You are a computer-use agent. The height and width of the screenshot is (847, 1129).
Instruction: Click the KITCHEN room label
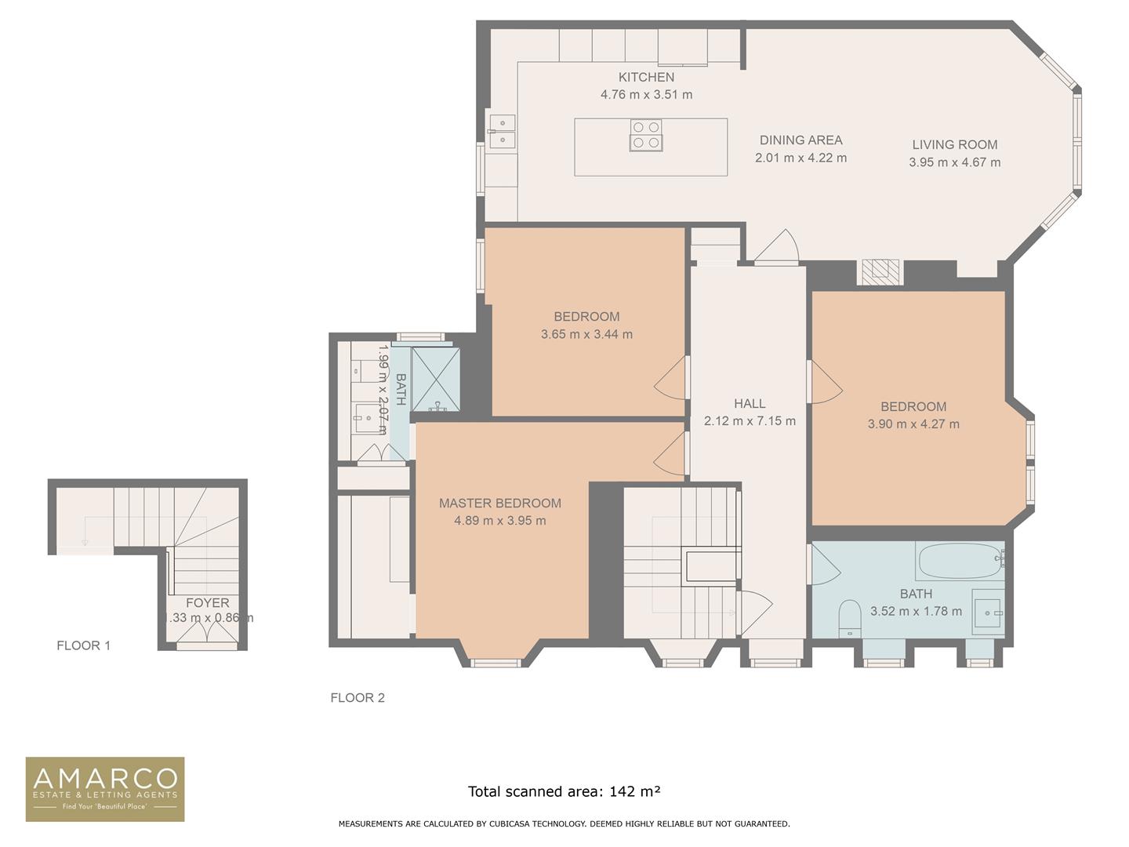pyautogui.click(x=646, y=77)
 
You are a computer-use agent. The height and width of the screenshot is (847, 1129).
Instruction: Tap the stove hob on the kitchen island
pyautogui.click(x=646, y=135)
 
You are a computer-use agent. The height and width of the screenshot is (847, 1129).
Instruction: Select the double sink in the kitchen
pyautogui.click(x=502, y=131)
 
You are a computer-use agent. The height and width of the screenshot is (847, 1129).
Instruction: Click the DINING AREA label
pyautogui.click(x=800, y=140)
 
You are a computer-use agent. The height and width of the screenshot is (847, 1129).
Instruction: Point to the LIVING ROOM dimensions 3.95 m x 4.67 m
pyautogui.click(x=954, y=162)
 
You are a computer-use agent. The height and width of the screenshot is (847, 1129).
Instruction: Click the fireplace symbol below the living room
pyautogui.click(x=880, y=271)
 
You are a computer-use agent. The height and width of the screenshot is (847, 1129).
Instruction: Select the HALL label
pyautogui.click(x=750, y=404)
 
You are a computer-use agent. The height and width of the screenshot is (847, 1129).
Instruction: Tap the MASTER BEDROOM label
pyautogui.click(x=499, y=503)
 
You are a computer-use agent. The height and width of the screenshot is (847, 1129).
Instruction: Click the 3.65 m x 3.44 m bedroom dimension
pyautogui.click(x=586, y=334)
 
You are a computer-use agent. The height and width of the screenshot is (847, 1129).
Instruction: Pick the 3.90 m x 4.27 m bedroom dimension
pyautogui.click(x=913, y=424)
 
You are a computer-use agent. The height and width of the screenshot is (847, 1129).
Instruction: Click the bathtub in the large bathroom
pyautogui.click(x=960, y=561)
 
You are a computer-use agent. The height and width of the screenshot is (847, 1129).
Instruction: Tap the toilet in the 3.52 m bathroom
pyautogui.click(x=849, y=618)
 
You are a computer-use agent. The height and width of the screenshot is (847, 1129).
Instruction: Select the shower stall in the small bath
pyautogui.click(x=436, y=379)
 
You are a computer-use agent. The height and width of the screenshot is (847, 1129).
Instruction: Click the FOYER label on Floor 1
pyautogui.click(x=207, y=603)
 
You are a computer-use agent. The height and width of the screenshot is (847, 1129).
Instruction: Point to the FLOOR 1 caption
pyautogui.click(x=83, y=645)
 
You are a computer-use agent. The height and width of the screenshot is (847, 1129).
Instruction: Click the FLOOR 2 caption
pyautogui.click(x=358, y=698)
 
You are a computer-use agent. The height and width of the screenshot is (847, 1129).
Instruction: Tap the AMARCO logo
pyautogui.click(x=105, y=789)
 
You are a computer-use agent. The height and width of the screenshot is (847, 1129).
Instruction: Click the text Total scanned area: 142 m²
pyautogui.click(x=564, y=791)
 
